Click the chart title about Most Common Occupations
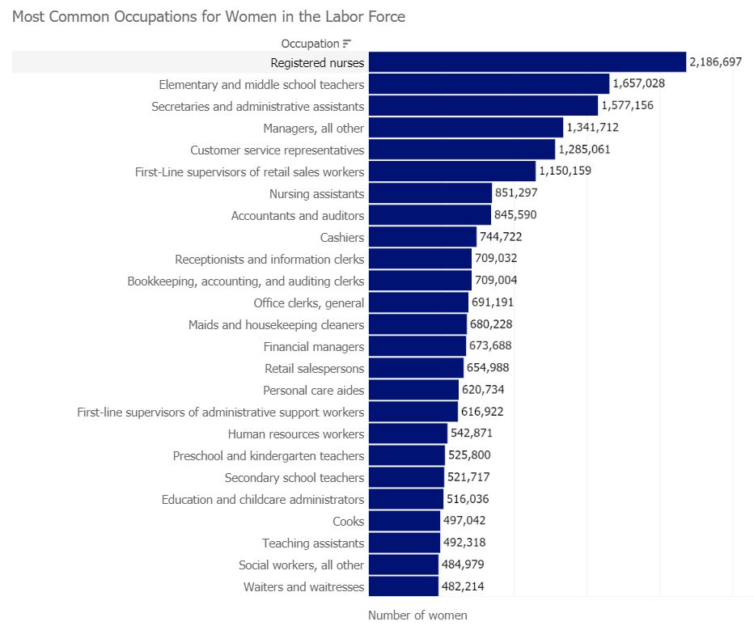pyautogui.click(x=209, y=16)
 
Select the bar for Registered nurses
pyautogui.click(x=527, y=62)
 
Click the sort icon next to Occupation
pyautogui.click(x=347, y=44)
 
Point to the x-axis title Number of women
pyautogui.click(x=417, y=615)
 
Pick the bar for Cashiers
pyautogui.click(x=422, y=237)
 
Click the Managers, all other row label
pyautogui.click(x=313, y=128)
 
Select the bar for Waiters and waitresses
pyautogui.click(x=403, y=586)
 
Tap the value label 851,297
pyautogui.click(x=516, y=193)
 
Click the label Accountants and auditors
pyautogui.click(x=298, y=215)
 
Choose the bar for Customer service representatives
pyautogui.click(x=462, y=150)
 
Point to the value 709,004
pyautogui.click(x=496, y=281)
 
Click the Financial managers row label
pyautogui.click(x=314, y=346)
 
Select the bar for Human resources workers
pyautogui.click(x=408, y=434)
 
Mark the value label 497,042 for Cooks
pyautogui.click(x=464, y=521)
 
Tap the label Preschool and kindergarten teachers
pyautogui.click(x=269, y=455)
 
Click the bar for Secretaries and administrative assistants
pyautogui.click(x=483, y=106)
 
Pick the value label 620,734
pyautogui.click(x=483, y=390)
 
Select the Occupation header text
pyautogui.click(x=310, y=44)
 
